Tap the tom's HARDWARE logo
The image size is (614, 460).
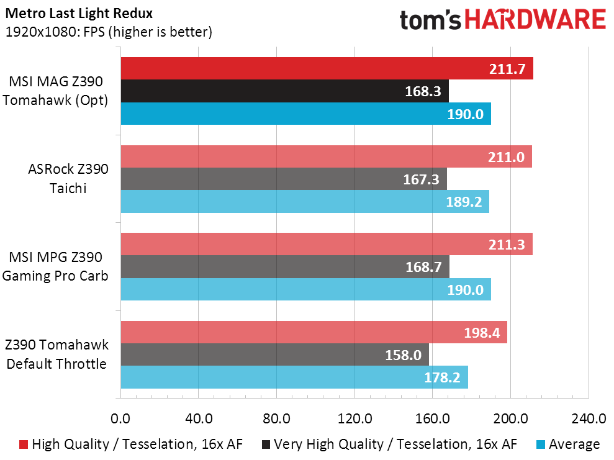click(502, 20)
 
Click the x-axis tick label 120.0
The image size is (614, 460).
click(354, 418)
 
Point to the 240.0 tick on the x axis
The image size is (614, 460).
click(588, 418)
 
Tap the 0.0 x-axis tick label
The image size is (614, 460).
click(120, 418)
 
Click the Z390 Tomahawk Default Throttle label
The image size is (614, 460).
click(56, 354)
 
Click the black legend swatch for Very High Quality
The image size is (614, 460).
click(266, 444)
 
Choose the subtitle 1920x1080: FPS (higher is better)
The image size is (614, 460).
click(109, 32)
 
